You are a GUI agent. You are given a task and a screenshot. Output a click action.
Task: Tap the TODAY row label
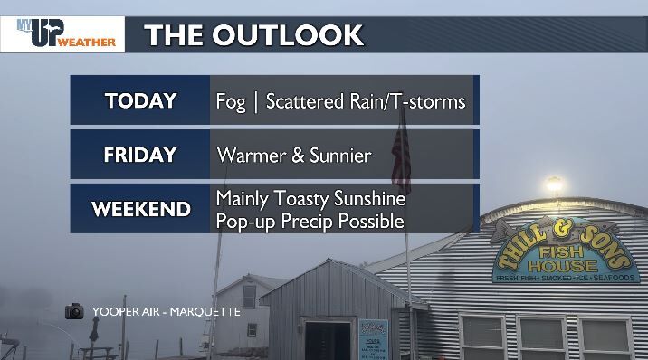click(140, 99)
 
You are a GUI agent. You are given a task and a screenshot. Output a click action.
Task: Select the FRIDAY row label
click(140, 155)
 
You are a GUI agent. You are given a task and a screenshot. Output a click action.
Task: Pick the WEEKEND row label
click(140, 209)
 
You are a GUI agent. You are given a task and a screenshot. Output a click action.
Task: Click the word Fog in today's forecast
click(231, 100)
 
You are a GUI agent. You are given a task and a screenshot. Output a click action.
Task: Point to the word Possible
click(371, 221)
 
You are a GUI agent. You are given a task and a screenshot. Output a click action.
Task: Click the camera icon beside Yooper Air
click(74, 311)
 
